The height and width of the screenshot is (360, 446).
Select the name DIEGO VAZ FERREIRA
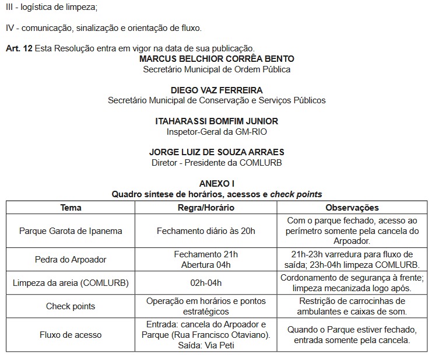[x=217, y=90]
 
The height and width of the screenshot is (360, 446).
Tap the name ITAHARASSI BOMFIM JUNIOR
[x=217, y=121]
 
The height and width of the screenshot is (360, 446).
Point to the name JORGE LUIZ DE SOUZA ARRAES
[x=217, y=152]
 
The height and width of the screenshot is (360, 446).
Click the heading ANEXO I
[x=217, y=184]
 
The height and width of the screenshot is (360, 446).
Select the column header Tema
[x=71, y=208]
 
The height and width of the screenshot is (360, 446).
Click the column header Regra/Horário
[x=206, y=208]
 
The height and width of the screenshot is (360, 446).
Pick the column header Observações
[x=352, y=208]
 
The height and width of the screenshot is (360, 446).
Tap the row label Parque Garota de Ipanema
[x=71, y=230]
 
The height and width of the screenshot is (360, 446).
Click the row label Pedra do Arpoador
[x=71, y=259]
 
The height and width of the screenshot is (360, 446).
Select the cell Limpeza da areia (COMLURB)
[x=71, y=283]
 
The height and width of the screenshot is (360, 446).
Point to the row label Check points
[x=71, y=306]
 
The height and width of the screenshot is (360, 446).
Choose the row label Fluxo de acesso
[x=71, y=335]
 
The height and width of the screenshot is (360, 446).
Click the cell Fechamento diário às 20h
[x=206, y=230]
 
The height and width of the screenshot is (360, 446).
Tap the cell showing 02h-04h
[x=206, y=283]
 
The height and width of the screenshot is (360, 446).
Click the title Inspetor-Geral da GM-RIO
[x=217, y=132]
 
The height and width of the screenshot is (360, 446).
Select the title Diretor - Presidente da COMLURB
[x=217, y=163]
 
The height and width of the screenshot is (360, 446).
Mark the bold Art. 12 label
[x=19, y=48]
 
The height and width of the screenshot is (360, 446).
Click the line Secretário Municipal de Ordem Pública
[x=217, y=69]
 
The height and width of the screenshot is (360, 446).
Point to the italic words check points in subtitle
[x=296, y=194]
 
